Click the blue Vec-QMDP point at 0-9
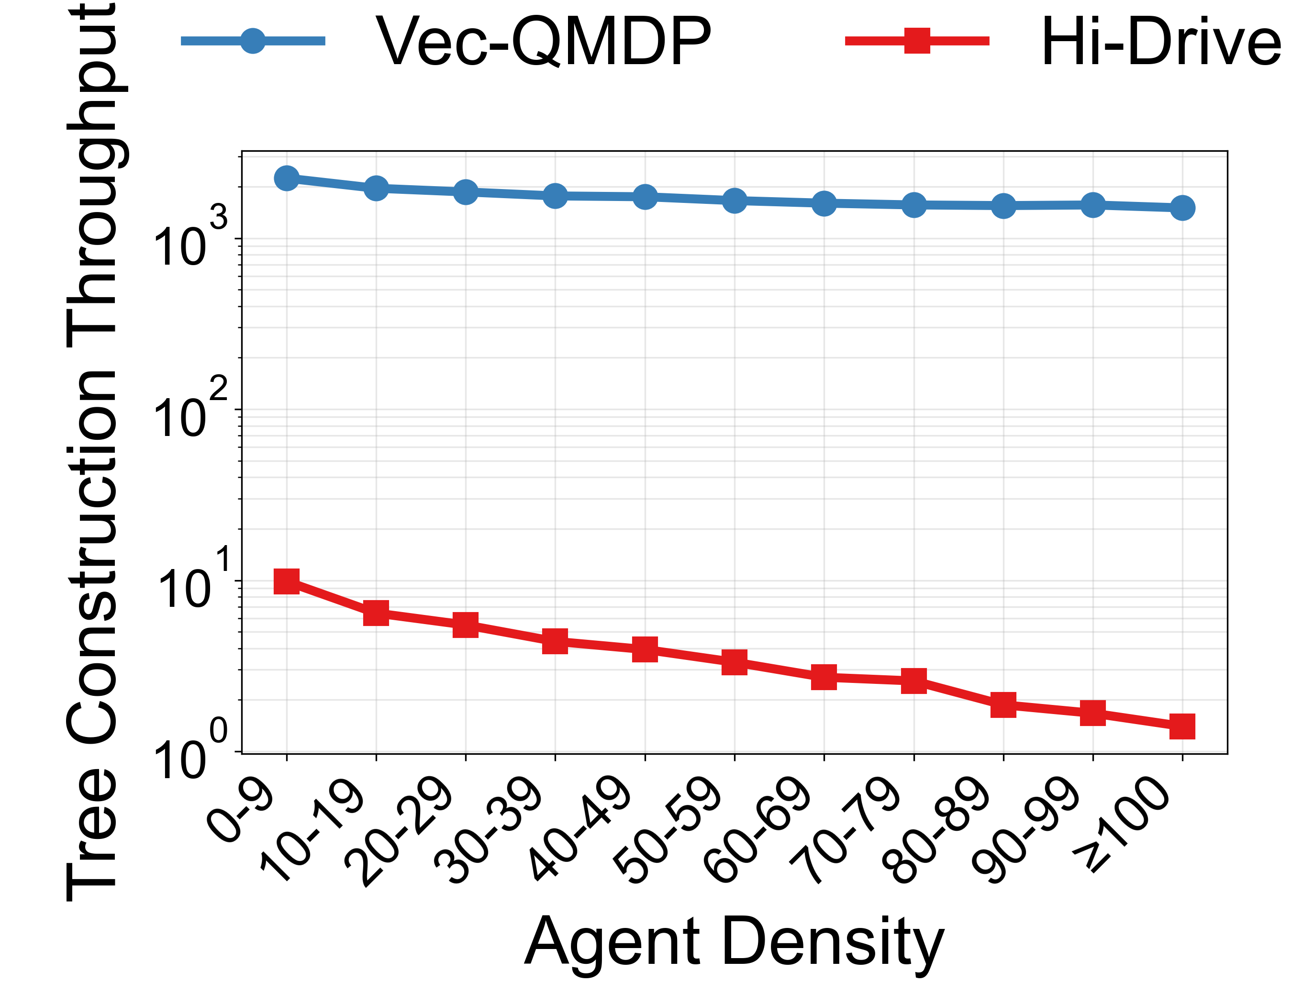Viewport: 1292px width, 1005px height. [287, 178]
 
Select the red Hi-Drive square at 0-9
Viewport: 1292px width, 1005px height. [287, 581]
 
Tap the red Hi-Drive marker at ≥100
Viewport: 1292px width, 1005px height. [1182, 726]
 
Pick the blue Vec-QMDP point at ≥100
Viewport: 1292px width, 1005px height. [1182, 208]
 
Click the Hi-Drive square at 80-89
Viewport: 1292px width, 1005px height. [1004, 705]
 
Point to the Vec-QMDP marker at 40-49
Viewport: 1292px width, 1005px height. [646, 197]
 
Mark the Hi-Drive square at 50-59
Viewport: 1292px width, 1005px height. [735, 662]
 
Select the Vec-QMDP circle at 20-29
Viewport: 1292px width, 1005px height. [466, 191]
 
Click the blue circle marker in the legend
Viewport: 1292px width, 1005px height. [253, 41]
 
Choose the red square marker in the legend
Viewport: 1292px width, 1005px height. [917, 41]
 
